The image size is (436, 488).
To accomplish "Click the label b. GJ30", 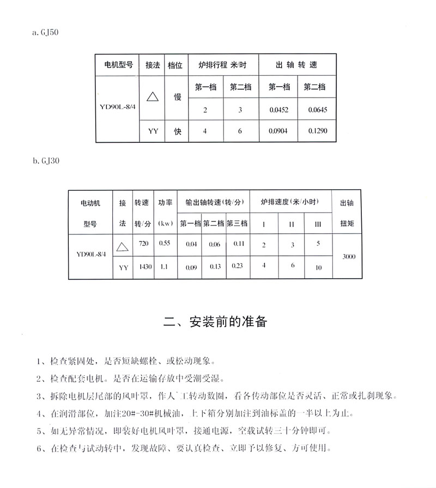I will (x=45, y=161).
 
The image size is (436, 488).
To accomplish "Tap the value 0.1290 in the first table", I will (x=317, y=131).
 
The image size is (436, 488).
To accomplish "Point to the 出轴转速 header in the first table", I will (x=296, y=65).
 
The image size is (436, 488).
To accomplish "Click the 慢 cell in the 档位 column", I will (x=177, y=97).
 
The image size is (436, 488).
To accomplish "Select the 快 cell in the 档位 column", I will (x=177, y=131).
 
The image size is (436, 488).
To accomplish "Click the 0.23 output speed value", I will (x=237, y=266).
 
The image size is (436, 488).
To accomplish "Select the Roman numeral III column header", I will (x=318, y=224).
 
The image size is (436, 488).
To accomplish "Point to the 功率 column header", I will (x=165, y=202).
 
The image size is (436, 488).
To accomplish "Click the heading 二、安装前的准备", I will (x=216, y=321).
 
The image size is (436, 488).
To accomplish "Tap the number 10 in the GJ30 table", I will (x=318, y=267).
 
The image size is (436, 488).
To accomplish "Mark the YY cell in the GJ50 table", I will (x=153, y=131).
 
